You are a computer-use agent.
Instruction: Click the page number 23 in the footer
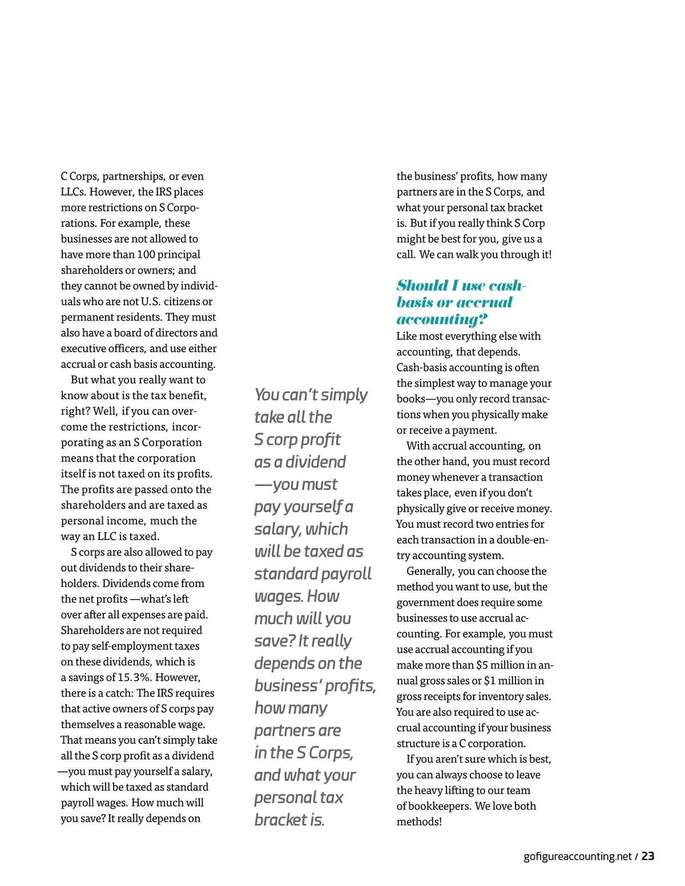(648, 856)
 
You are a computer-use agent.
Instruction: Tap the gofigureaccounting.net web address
(577, 856)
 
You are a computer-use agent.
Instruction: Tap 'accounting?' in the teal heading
(442, 319)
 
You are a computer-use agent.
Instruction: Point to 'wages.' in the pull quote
(278, 596)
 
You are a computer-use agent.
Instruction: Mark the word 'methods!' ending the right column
(419, 822)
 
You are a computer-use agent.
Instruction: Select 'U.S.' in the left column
(151, 301)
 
